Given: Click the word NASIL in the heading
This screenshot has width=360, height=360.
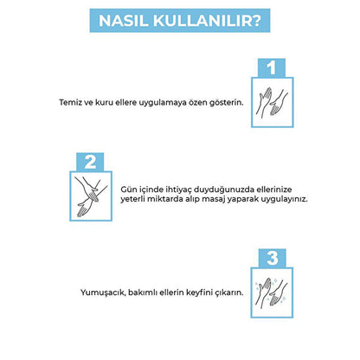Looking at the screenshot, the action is point(123,21).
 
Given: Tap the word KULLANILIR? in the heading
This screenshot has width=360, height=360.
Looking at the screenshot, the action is point(207,21).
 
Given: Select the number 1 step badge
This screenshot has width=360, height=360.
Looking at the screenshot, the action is point(272,67).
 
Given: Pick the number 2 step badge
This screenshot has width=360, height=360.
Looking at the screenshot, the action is point(90,162).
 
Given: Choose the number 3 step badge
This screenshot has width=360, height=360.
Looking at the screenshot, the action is point(272,258).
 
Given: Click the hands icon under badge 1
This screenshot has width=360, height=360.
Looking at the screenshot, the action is point(273,102).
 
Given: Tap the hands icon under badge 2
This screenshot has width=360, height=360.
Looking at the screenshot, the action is point(91,196).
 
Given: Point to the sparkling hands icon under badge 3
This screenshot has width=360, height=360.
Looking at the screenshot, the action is point(272,292).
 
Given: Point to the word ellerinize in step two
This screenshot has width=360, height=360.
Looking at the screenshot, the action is point(274,190).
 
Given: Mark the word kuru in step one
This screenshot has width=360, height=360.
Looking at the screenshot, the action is point(104,102).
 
